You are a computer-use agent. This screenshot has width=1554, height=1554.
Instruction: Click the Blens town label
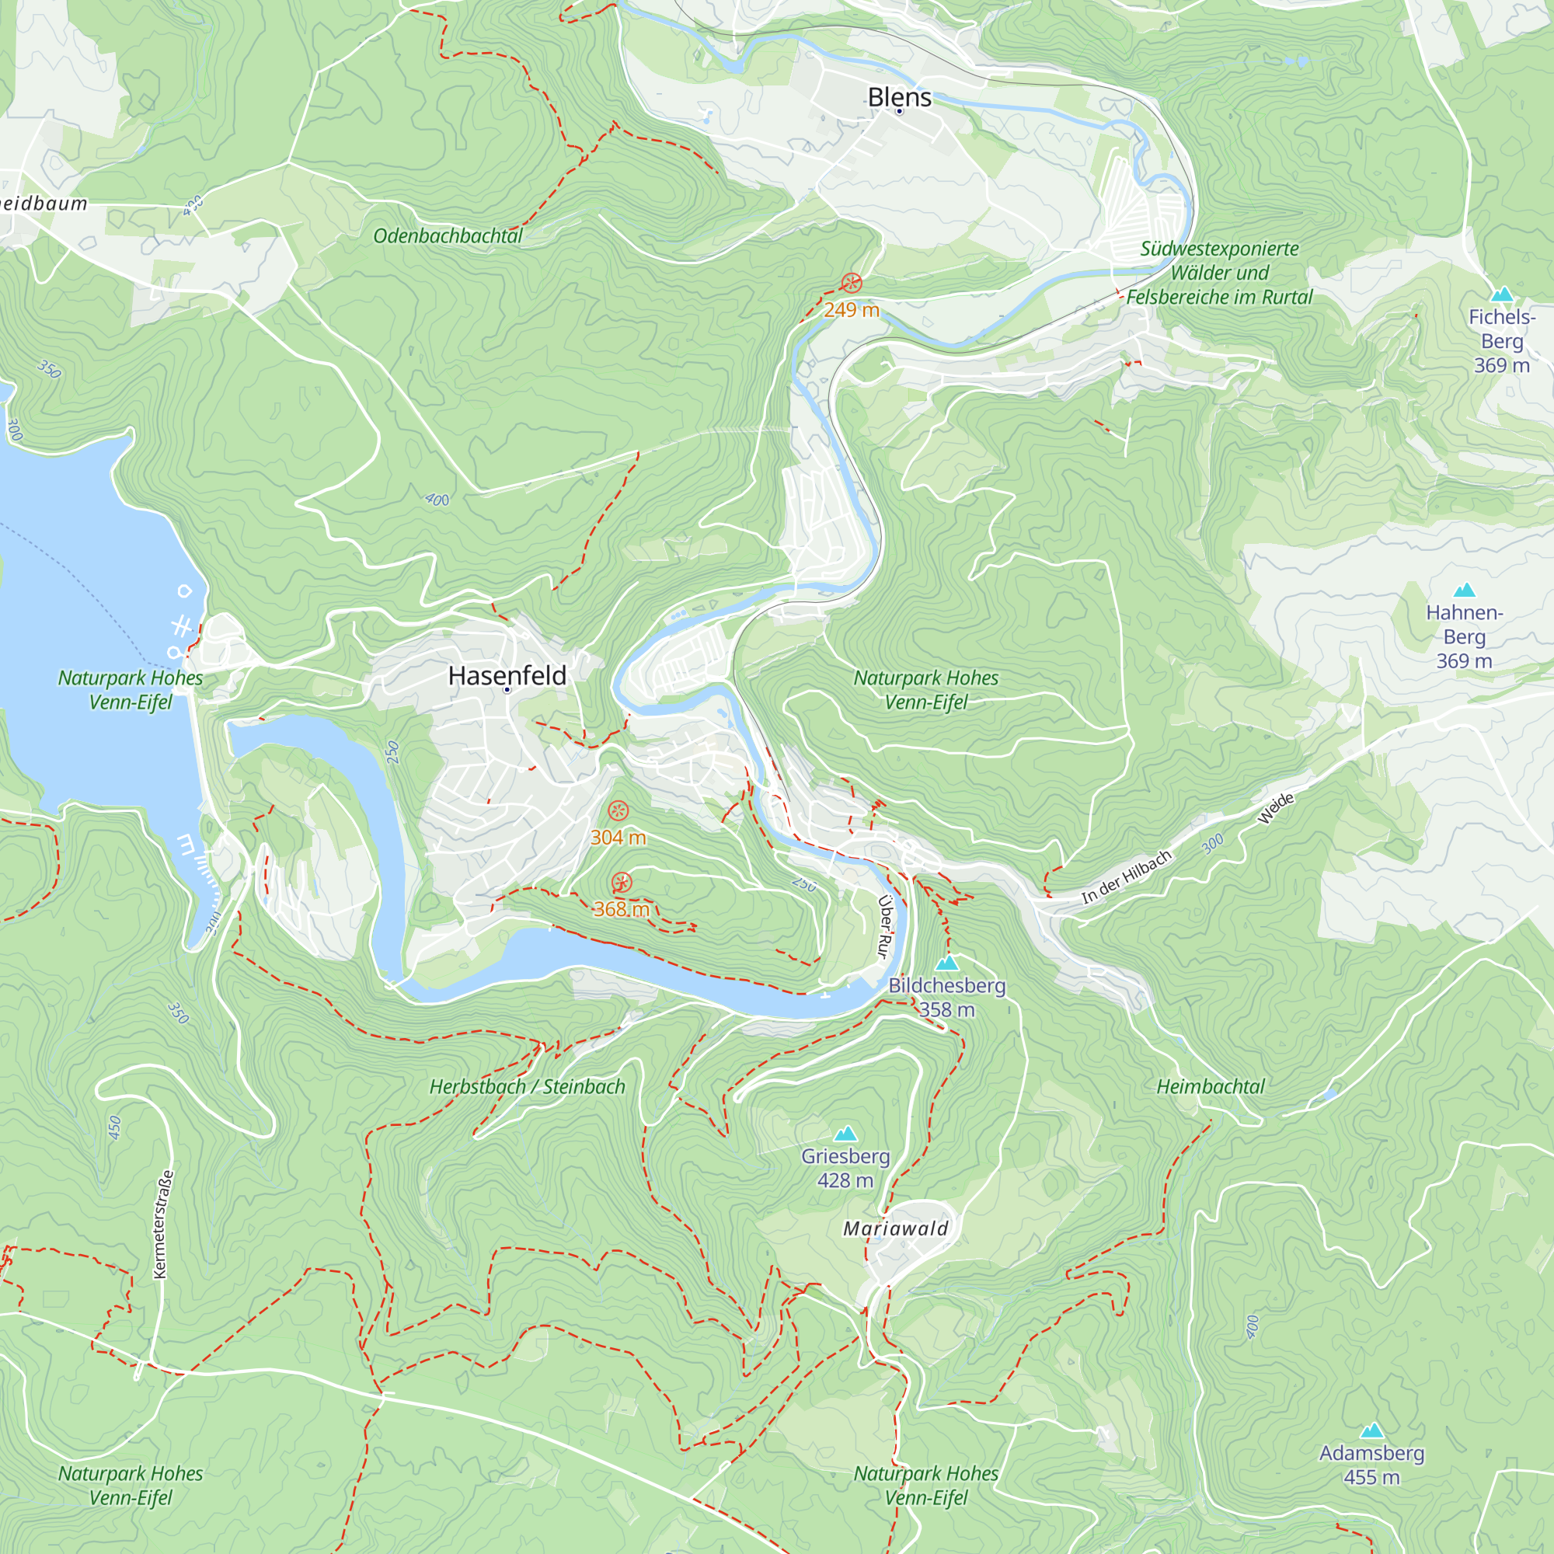pos(899,97)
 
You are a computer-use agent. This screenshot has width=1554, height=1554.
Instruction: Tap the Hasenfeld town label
pos(507,676)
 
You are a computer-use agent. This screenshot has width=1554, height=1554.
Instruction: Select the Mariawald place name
pos(895,1228)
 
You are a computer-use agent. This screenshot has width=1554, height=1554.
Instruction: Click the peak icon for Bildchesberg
pos(946,963)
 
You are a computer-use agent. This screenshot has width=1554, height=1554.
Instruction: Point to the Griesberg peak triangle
pos(845,1134)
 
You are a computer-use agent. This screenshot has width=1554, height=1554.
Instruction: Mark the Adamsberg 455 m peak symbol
pos(1371,1431)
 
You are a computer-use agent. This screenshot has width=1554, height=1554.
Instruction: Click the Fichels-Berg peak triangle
pos(1502,294)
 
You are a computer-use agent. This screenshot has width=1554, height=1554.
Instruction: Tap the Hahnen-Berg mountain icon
pos(1464,590)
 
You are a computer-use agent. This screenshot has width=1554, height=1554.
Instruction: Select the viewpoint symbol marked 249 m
pos(852,283)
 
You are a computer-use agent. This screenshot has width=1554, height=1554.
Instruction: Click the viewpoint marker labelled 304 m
pos(618,810)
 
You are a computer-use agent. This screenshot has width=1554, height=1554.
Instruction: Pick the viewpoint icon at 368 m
pos(621,883)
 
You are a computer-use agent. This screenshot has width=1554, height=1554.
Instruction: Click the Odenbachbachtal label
pos(448,235)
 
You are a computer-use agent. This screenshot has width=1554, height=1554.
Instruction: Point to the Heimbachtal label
pos(1210,1087)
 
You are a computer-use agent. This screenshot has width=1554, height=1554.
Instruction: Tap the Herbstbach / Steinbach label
pos(527,1087)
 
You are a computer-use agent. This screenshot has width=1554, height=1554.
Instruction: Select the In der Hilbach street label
pos(1126,877)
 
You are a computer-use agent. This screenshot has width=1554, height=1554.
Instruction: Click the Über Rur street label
pos(884,927)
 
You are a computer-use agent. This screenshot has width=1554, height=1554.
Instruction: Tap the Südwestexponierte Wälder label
pos(1218,273)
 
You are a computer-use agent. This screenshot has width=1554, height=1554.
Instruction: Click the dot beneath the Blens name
pos(899,112)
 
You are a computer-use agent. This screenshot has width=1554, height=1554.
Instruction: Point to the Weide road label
pos(1276,808)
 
